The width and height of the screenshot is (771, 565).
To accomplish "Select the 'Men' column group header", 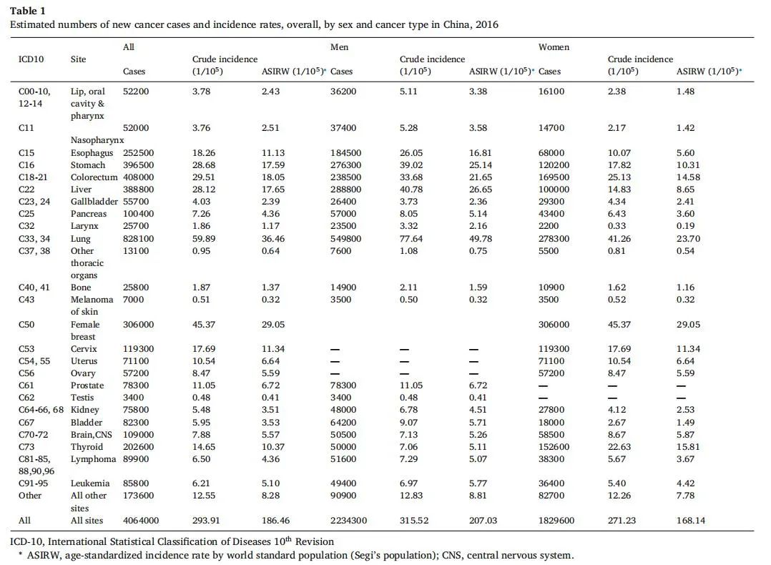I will click(339, 47).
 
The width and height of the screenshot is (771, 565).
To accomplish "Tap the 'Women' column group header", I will click(554, 47).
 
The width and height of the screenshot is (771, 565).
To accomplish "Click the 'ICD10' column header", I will click(31, 59).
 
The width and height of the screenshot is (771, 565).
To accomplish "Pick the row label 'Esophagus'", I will click(92, 153).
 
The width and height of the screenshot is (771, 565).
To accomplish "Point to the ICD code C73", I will click(26, 447).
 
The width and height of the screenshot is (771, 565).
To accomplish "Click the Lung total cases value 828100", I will click(138, 238).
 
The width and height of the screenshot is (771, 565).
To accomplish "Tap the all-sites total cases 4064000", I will click(141, 520).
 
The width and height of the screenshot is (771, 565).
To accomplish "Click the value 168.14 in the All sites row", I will click(690, 520).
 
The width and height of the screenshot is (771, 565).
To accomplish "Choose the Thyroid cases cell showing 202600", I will click(138, 447).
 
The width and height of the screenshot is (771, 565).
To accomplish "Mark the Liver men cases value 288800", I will click(345, 190).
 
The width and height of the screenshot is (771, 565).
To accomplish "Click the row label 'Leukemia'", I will click(91, 483).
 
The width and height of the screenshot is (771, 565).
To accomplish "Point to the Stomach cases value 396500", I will click(138, 165).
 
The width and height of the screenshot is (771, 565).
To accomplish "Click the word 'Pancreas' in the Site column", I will click(89, 214).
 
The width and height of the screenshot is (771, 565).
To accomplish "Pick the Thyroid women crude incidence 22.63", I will click(621, 447).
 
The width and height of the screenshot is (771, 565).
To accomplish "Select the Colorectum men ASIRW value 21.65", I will click(482, 177).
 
